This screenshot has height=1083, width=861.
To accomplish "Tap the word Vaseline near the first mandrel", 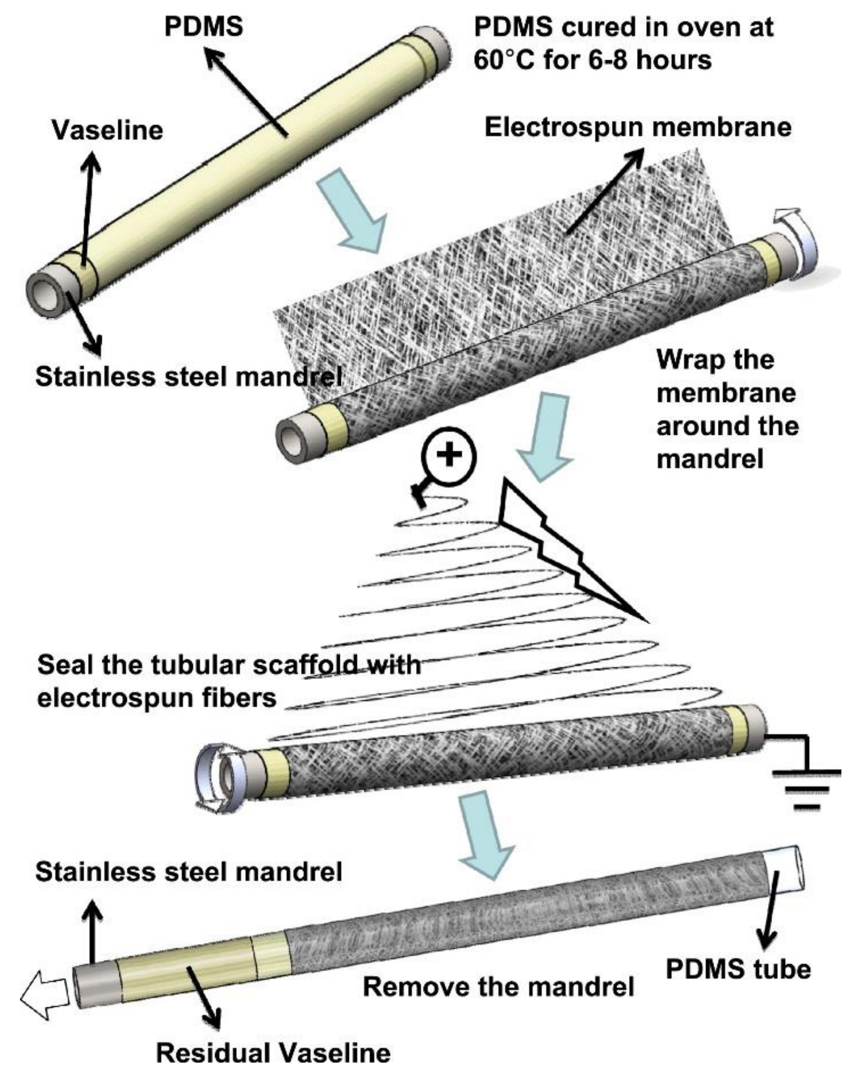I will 108,131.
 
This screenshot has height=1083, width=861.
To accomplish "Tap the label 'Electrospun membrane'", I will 637,127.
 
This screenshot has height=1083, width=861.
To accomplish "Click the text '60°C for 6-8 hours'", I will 592,60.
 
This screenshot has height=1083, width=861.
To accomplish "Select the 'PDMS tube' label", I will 738,969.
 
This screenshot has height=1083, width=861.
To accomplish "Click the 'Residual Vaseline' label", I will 273,1053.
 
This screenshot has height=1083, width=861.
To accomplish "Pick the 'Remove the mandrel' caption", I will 498,987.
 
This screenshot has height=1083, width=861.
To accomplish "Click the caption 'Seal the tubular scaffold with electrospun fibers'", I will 229,681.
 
